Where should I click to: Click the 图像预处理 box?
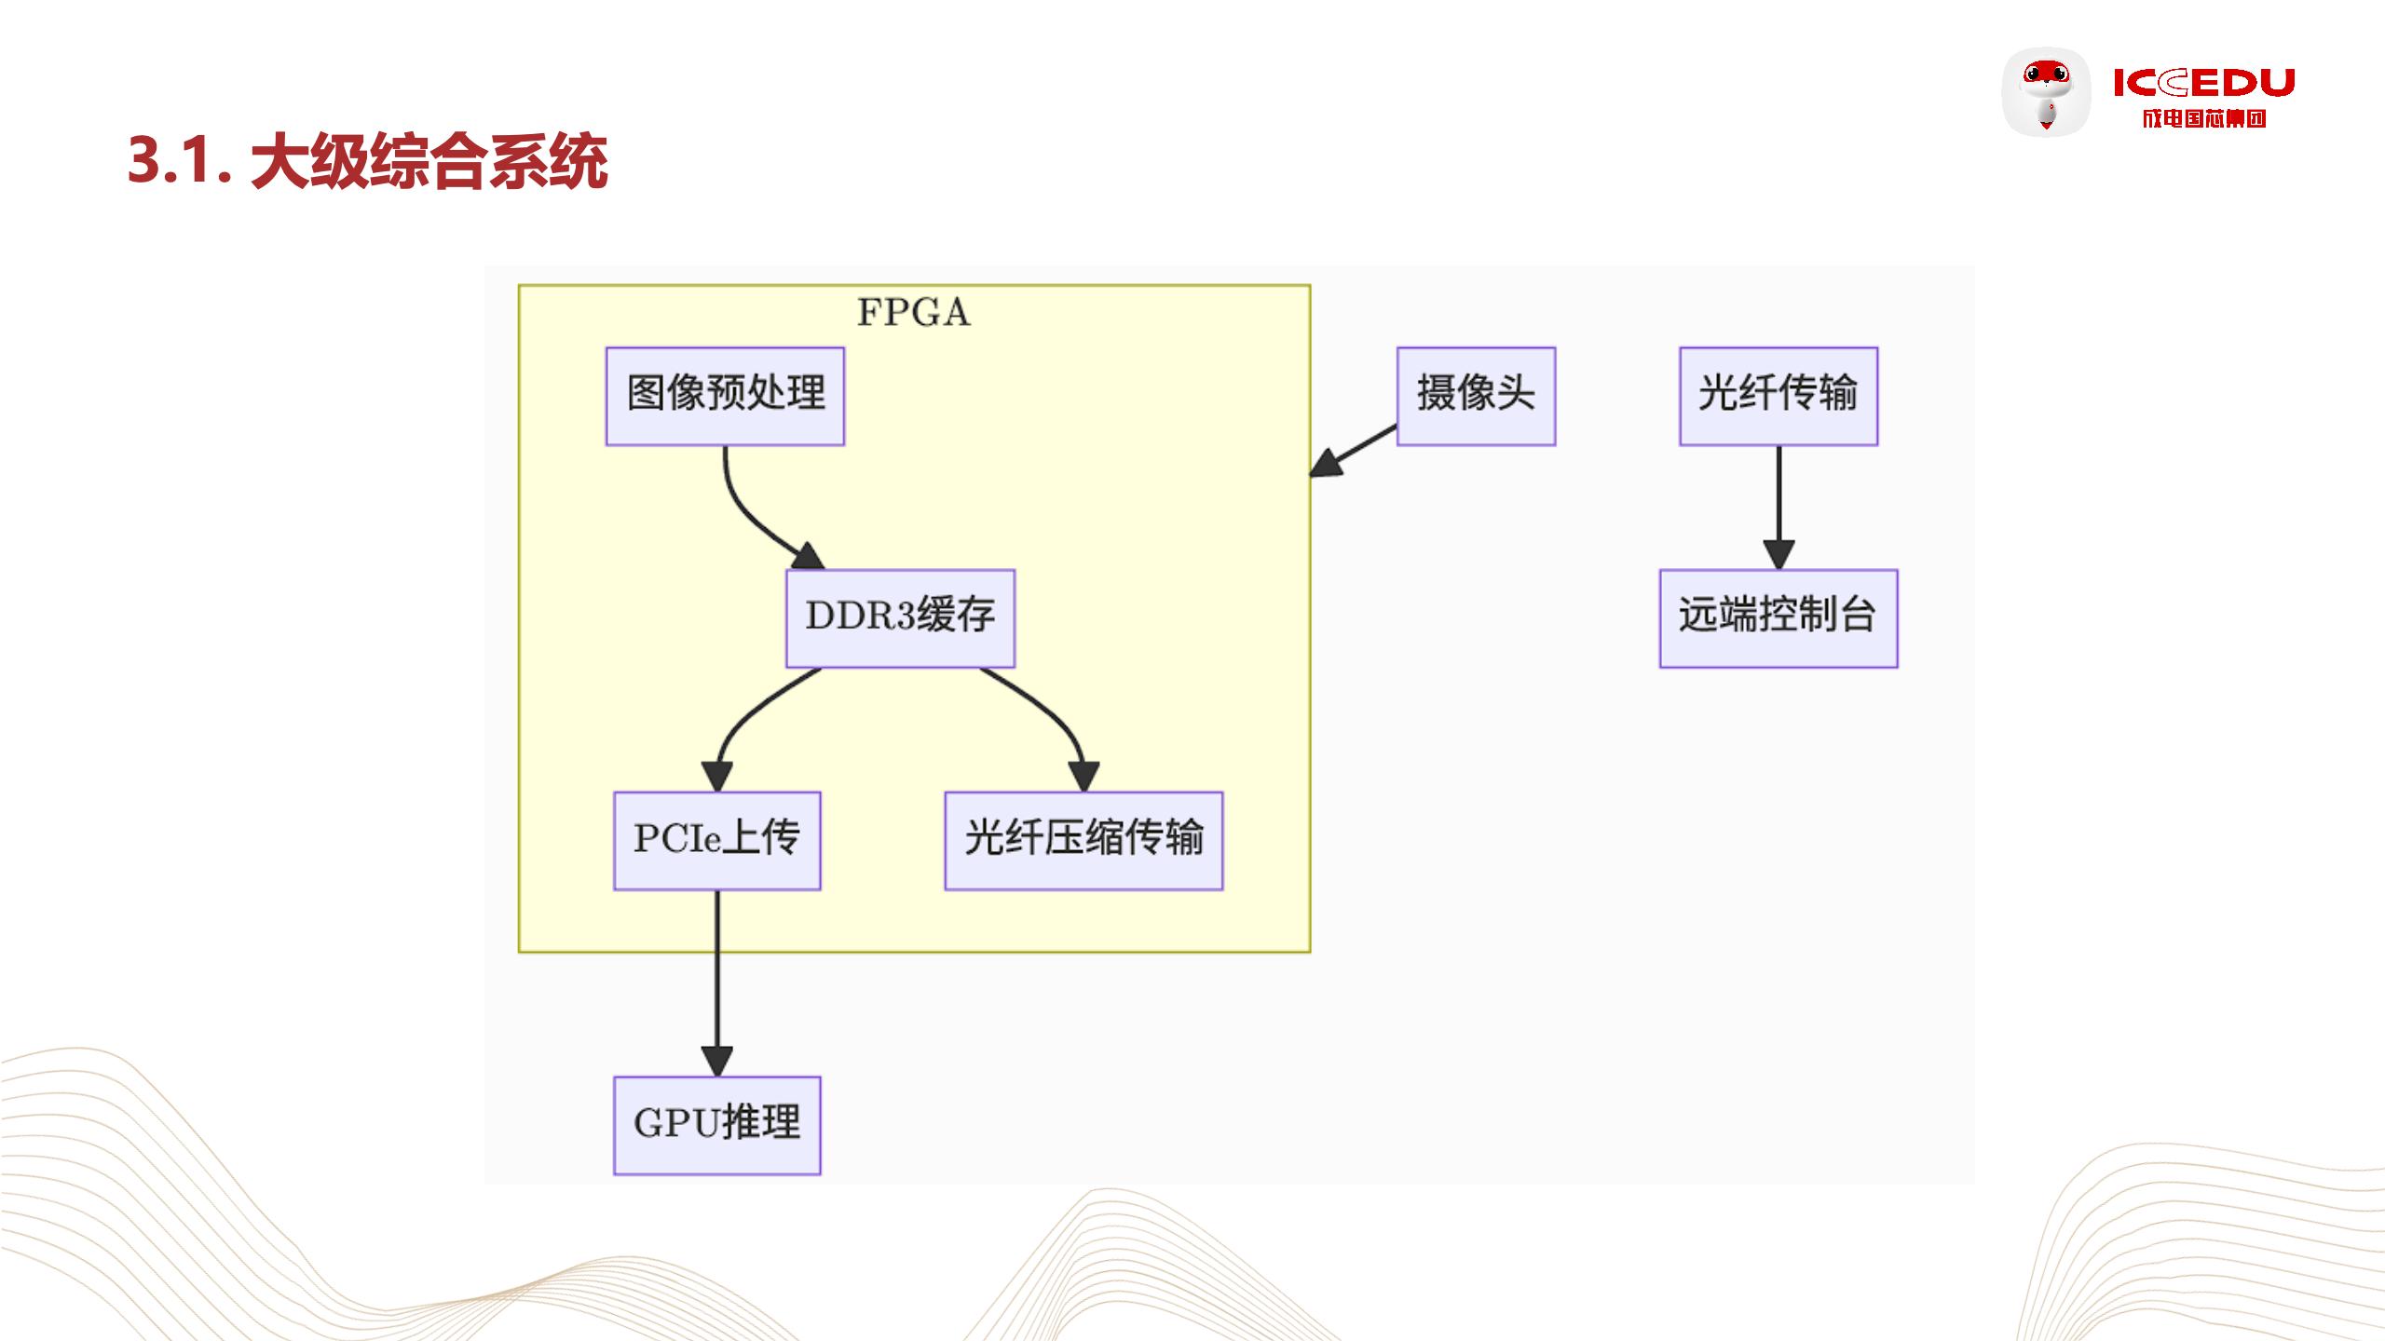[x=725, y=396]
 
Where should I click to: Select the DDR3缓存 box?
[x=900, y=618]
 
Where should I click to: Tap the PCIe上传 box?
[x=716, y=841]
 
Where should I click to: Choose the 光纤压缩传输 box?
[x=1083, y=841]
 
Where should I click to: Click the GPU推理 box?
[x=716, y=1125]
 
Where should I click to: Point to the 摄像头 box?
[x=1476, y=396]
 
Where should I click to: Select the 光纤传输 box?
[x=1779, y=396]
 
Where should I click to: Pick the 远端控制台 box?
[x=1779, y=618]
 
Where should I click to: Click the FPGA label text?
[x=913, y=313]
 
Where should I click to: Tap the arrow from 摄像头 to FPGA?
[x=1356, y=450]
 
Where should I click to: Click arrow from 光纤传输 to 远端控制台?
[x=1779, y=503]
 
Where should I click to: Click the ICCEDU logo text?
[x=2203, y=83]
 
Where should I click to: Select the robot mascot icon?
[x=2046, y=92]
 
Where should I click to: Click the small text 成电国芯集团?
[x=2203, y=118]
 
